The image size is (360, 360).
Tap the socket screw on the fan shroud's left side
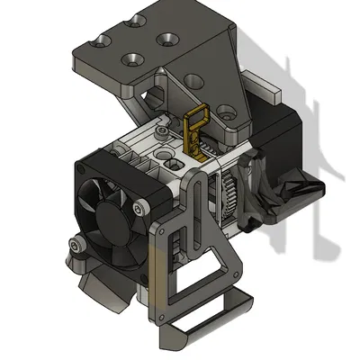click(x=80, y=243)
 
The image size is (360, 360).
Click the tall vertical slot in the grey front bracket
click(x=190, y=239)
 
